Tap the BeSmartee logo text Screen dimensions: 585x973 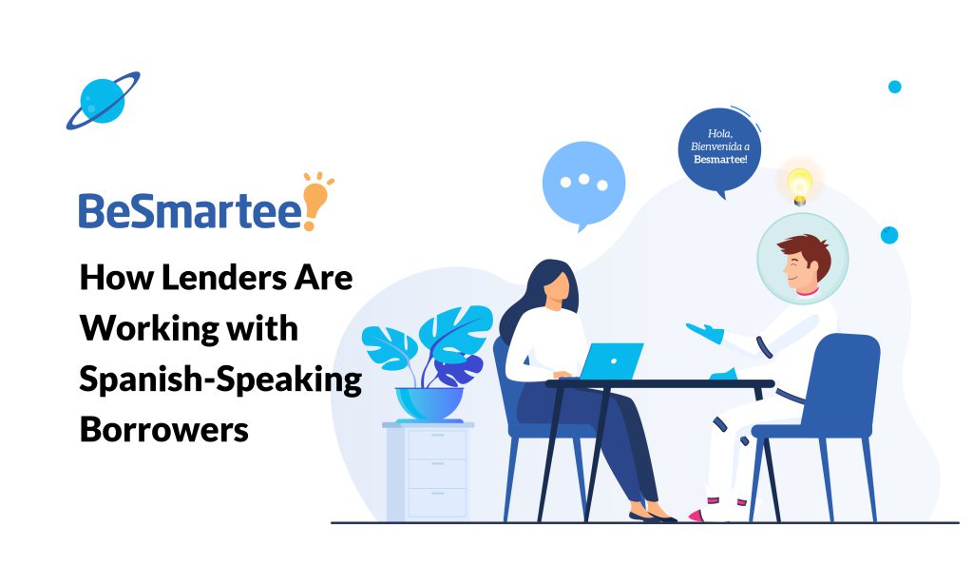[x=190, y=210]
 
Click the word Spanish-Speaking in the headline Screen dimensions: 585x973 [x=220, y=380]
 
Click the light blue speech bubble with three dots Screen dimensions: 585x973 [x=583, y=183]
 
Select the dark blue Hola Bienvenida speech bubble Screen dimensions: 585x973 [x=720, y=148]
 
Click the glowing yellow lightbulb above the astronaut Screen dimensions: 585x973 [x=799, y=183]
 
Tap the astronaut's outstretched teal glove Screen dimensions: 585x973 [x=704, y=332]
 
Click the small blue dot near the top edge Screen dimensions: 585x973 [x=894, y=87]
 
